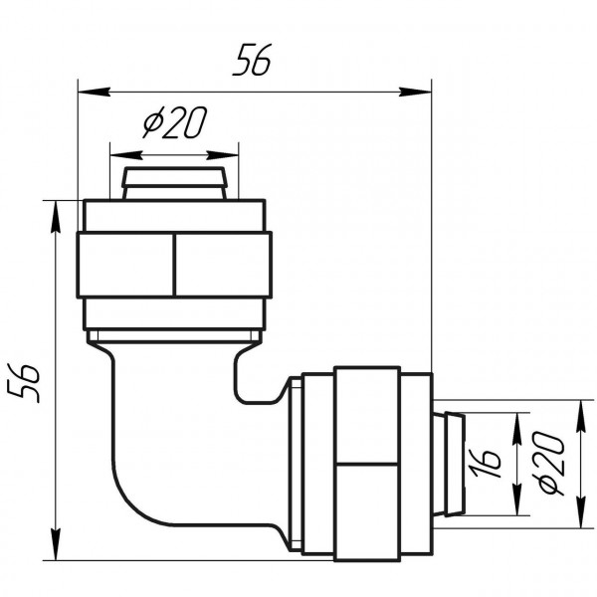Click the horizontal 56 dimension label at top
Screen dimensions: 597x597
[x=252, y=60]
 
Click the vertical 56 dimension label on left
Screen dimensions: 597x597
[x=24, y=383]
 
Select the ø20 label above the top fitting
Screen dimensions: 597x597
[x=175, y=121]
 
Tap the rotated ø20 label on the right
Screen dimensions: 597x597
[x=547, y=463]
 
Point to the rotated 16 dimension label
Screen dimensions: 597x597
[x=485, y=463]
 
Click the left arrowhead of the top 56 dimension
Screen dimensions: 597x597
[x=95, y=92]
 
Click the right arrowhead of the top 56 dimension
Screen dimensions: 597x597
[x=415, y=92]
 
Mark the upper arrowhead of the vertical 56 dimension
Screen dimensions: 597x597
[x=56, y=216]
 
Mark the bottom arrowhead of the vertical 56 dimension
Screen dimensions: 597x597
[x=56, y=544]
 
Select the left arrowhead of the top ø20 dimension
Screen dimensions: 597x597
[x=126, y=155]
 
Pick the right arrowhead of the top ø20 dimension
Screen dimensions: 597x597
[x=222, y=155]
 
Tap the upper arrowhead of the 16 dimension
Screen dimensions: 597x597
[x=517, y=428]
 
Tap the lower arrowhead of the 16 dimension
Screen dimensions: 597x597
[x=517, y=499]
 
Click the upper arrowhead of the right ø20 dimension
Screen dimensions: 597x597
[x=580, y=417]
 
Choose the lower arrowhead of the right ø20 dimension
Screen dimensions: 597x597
[x=580, y=512]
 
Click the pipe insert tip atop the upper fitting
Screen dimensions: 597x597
[x=174, y=183]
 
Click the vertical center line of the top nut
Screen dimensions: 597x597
[x=174, y=265]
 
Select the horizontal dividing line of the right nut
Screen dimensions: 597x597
[x=367, y=464]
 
